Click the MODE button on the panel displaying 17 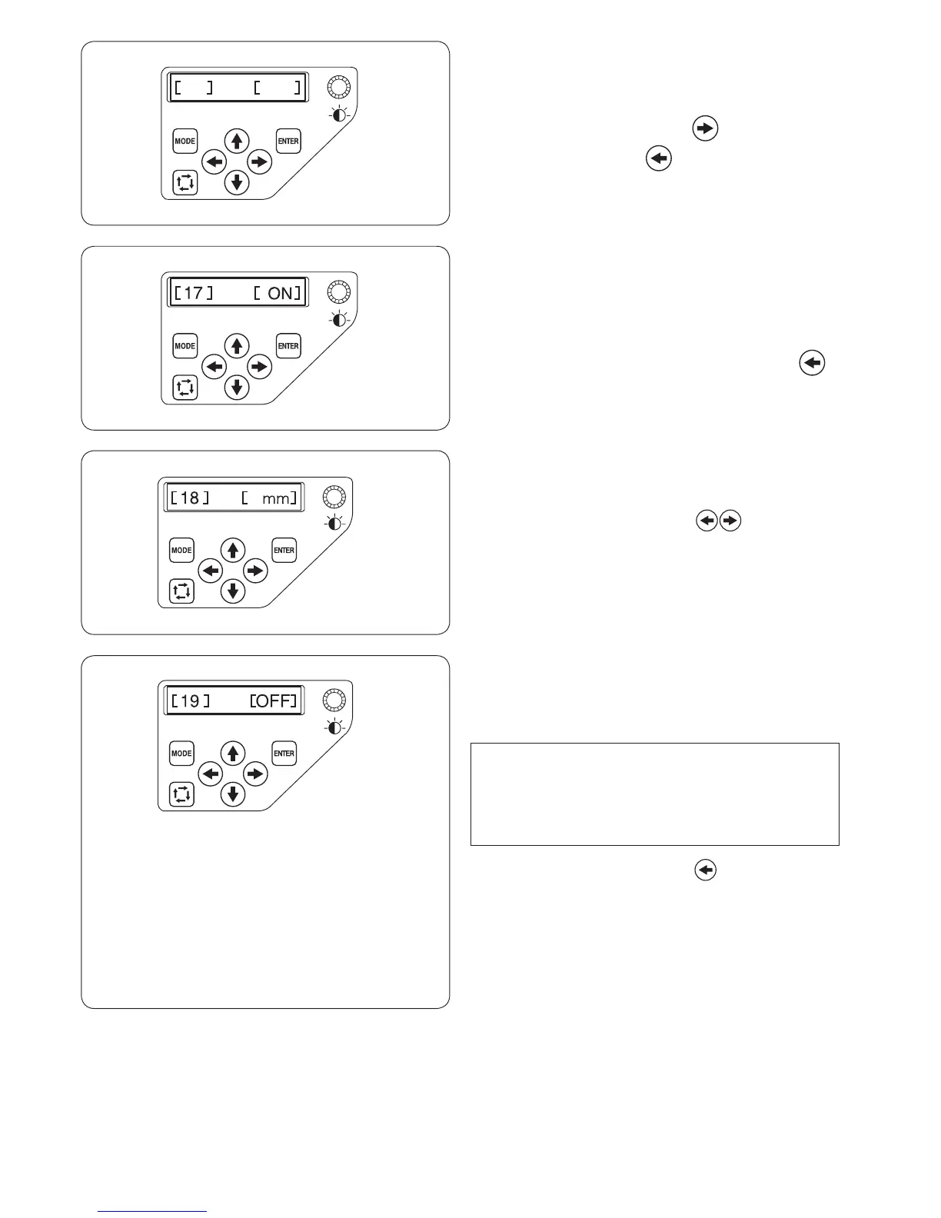185,346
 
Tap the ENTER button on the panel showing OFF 284,754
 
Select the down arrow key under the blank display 237,183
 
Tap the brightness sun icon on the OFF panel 334,727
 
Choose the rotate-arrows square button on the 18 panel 181,591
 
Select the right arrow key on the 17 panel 260,367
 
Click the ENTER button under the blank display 288,141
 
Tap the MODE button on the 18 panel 181,551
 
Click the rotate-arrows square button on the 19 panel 181,794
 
